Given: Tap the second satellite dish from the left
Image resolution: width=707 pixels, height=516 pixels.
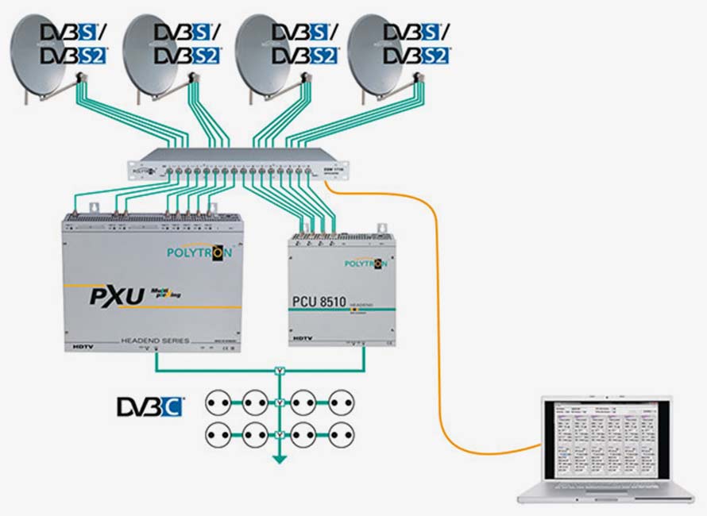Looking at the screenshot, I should tap(154, 59).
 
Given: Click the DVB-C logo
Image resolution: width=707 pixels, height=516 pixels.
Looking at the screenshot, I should tap(151, 407).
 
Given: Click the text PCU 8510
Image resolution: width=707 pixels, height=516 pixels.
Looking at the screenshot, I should tap(327, 302).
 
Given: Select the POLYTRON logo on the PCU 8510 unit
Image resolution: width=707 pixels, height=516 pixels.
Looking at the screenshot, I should tap(365, 263).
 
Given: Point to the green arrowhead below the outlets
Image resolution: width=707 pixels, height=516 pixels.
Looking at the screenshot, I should tap(280, 458).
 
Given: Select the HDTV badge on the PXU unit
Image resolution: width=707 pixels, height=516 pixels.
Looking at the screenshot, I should tap(77, 347).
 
